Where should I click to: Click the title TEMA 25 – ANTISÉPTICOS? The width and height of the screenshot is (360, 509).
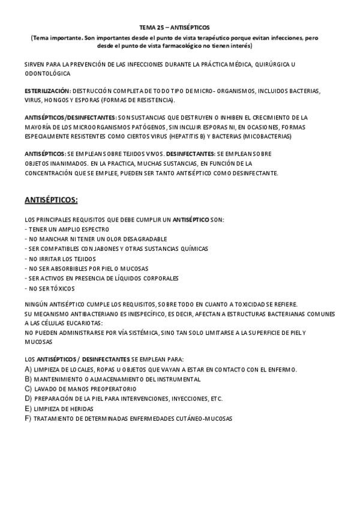(175, 28)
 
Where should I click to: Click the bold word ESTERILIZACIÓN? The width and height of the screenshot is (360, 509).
(47, 91)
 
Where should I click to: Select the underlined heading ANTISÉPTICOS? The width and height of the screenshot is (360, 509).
(51, 199)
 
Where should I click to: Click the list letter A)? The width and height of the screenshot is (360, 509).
(28, 369)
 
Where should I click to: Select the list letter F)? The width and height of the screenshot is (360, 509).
(28, 418)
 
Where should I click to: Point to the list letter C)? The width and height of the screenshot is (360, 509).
(28, 389)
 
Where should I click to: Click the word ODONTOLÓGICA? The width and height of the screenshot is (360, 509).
(47, 73)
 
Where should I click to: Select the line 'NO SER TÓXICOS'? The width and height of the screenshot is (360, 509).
(50, 288)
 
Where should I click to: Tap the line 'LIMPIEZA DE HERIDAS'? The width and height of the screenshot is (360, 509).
(64, 408)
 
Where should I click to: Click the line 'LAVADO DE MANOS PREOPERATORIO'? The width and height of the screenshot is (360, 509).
(80, 389)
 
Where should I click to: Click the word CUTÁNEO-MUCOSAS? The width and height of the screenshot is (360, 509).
(200, 418)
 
